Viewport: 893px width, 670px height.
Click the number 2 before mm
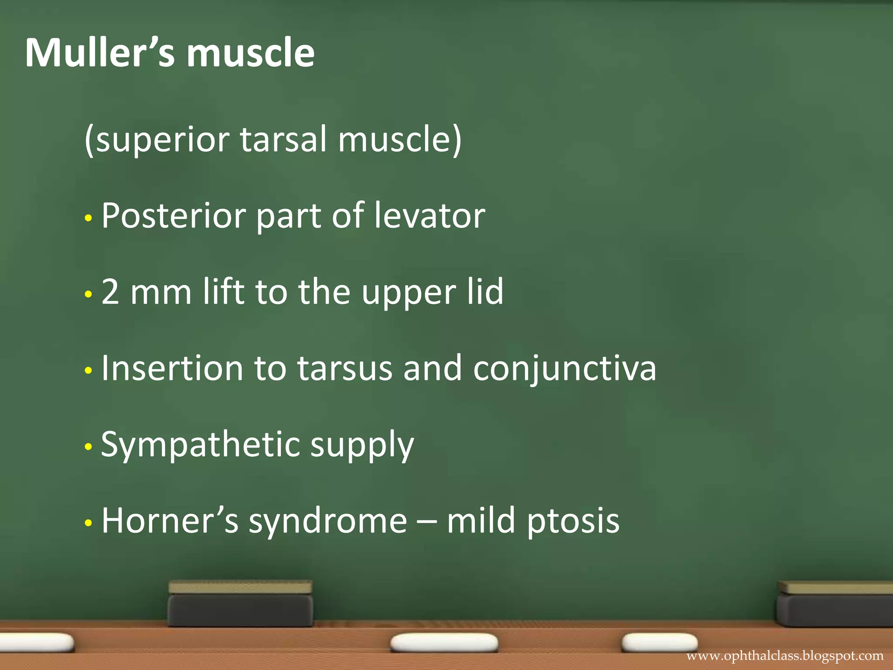[x=110, y=291]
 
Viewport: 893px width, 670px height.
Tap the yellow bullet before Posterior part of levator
[x=89, y=218]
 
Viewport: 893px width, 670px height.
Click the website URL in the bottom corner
[x=784, y=656]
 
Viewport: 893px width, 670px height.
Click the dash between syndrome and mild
[x=427, y=521]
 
